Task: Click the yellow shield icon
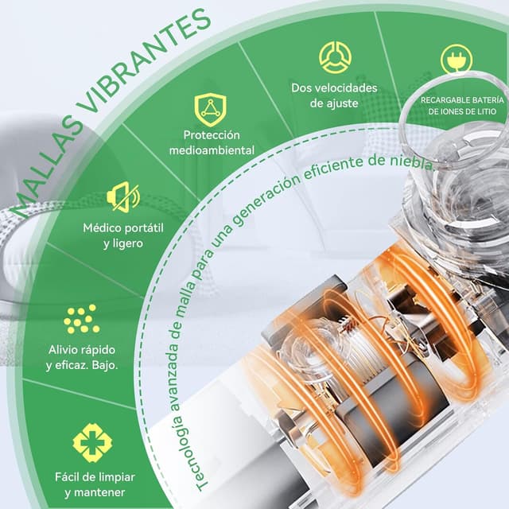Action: [x=210, y=110]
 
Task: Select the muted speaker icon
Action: [x=123, y=196]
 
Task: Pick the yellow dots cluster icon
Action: [x=81, y=319]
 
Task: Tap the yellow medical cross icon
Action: [x=92, y=442]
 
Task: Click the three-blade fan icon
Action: [x=335, y=57]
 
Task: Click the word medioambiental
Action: [x=212, y=150]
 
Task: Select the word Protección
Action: [x=212, y=135]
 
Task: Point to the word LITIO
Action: [x=486, y=111]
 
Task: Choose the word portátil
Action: [x=144, y=228]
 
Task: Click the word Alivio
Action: [x=63, y=350]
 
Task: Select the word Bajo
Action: [x=104, y=366]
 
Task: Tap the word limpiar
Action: [x=116, y=477]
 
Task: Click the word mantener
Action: [x=95, y=492]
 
